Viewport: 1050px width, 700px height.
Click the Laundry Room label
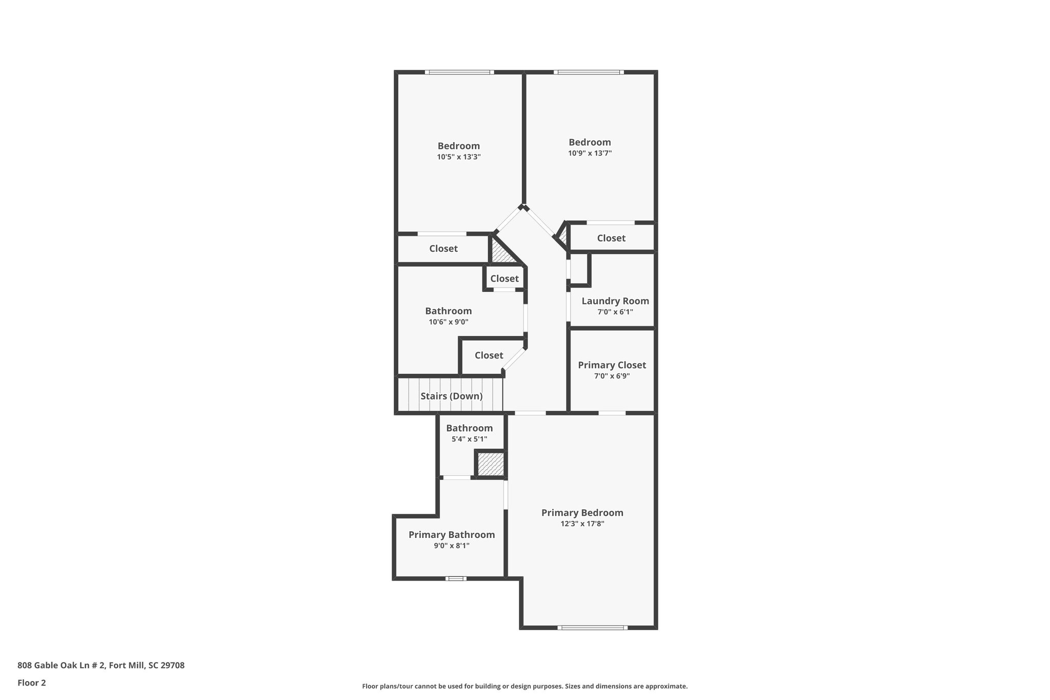(615, 301)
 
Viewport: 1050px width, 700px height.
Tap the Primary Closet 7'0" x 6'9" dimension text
(612, 376)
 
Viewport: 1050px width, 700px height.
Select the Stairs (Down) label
(451, 396)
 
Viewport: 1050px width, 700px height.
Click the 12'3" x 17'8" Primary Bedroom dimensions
(582, 524)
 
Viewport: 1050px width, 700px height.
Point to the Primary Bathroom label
(451, 535)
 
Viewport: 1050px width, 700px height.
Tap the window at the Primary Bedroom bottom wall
(592, 627)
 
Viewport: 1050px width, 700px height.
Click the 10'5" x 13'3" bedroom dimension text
(458, 157)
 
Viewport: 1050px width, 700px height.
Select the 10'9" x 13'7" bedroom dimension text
(590, 153)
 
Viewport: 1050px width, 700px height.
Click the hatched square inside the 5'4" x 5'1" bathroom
(491, 464)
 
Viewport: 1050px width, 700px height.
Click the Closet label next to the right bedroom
(611, 238)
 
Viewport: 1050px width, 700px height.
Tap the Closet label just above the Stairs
(489, 355)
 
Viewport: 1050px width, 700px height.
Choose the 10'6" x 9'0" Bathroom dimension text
(448, 322)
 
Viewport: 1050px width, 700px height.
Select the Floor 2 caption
(32, 683)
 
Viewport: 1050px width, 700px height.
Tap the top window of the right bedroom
(589, 72)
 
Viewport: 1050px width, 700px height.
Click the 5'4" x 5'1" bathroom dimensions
(469, 439)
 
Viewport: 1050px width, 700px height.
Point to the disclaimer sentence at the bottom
(524, 686)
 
